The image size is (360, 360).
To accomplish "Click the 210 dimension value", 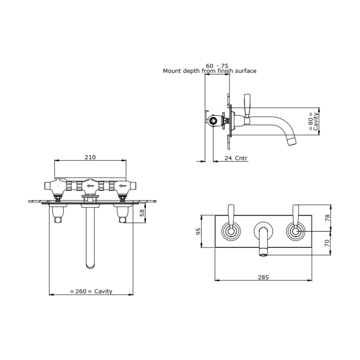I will pos(90,157).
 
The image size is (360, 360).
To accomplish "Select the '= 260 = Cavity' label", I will pos(91,291).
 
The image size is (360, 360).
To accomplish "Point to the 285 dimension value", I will pos(264,277).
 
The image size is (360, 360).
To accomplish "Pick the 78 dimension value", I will pos(327,218).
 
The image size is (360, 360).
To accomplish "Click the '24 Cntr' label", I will pos(235,158).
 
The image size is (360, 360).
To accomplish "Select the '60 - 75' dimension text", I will pos(217,66).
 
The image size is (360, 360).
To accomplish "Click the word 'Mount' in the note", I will pos(171,71).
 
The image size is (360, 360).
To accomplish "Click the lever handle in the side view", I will pos(247,104).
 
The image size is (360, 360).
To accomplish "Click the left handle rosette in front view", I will pos(232,232).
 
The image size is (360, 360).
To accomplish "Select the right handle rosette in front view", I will pos(296,232).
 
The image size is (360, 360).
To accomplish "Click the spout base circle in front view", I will pos(264,230).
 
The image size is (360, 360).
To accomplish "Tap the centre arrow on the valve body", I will pos(90,185).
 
